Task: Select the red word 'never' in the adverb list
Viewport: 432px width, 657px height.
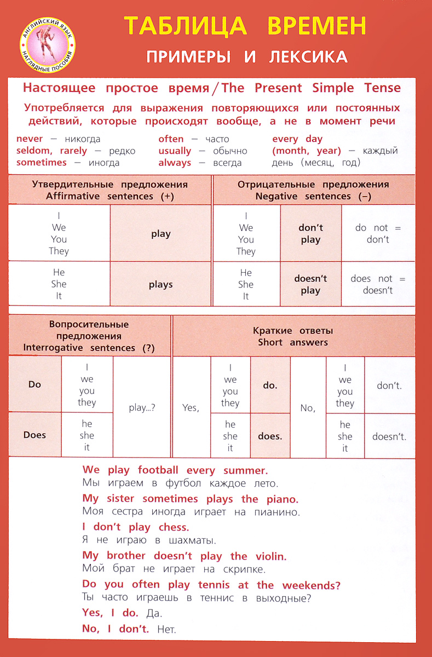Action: [x=30, y=139]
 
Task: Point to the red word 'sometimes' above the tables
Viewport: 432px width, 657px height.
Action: [x=42, y=163]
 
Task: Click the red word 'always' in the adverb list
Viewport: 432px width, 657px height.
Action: [x=175, y=163]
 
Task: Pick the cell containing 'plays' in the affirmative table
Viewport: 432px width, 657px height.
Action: [x=160, y=284]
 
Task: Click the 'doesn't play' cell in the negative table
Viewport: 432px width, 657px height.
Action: [x=310, y=284]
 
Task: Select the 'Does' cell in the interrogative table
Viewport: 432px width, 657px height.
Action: [x=34, y=435]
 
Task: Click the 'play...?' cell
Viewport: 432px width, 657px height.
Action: [x=142, y=407]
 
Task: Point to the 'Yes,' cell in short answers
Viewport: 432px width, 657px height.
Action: [x=191, y=407]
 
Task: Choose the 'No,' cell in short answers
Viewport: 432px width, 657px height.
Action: [x=308, y=407]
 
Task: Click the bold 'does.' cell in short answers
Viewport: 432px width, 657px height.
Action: [x=270, y=436]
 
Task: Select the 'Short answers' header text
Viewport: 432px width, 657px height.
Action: [x=293, y=343]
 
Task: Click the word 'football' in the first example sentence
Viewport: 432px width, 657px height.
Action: [x=158, y=470]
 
